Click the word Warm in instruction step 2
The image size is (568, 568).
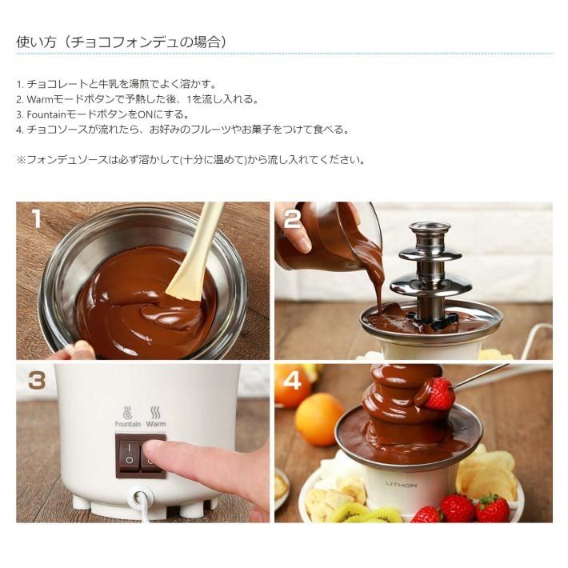click(41, 99)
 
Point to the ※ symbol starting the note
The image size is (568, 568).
click(21, 159)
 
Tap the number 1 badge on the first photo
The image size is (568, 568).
click(35, 218)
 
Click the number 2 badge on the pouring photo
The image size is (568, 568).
click(292, 218)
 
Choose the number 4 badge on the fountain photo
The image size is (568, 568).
click(293, 381)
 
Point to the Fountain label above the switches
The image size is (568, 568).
click(128, 424)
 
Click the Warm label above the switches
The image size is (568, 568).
click(156, 424)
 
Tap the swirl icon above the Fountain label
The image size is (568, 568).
click(128, 412)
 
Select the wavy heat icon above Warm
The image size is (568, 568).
click(156, 412)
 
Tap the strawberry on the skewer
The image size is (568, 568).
click(438, 394)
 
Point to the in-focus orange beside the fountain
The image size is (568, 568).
click(319, 418)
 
